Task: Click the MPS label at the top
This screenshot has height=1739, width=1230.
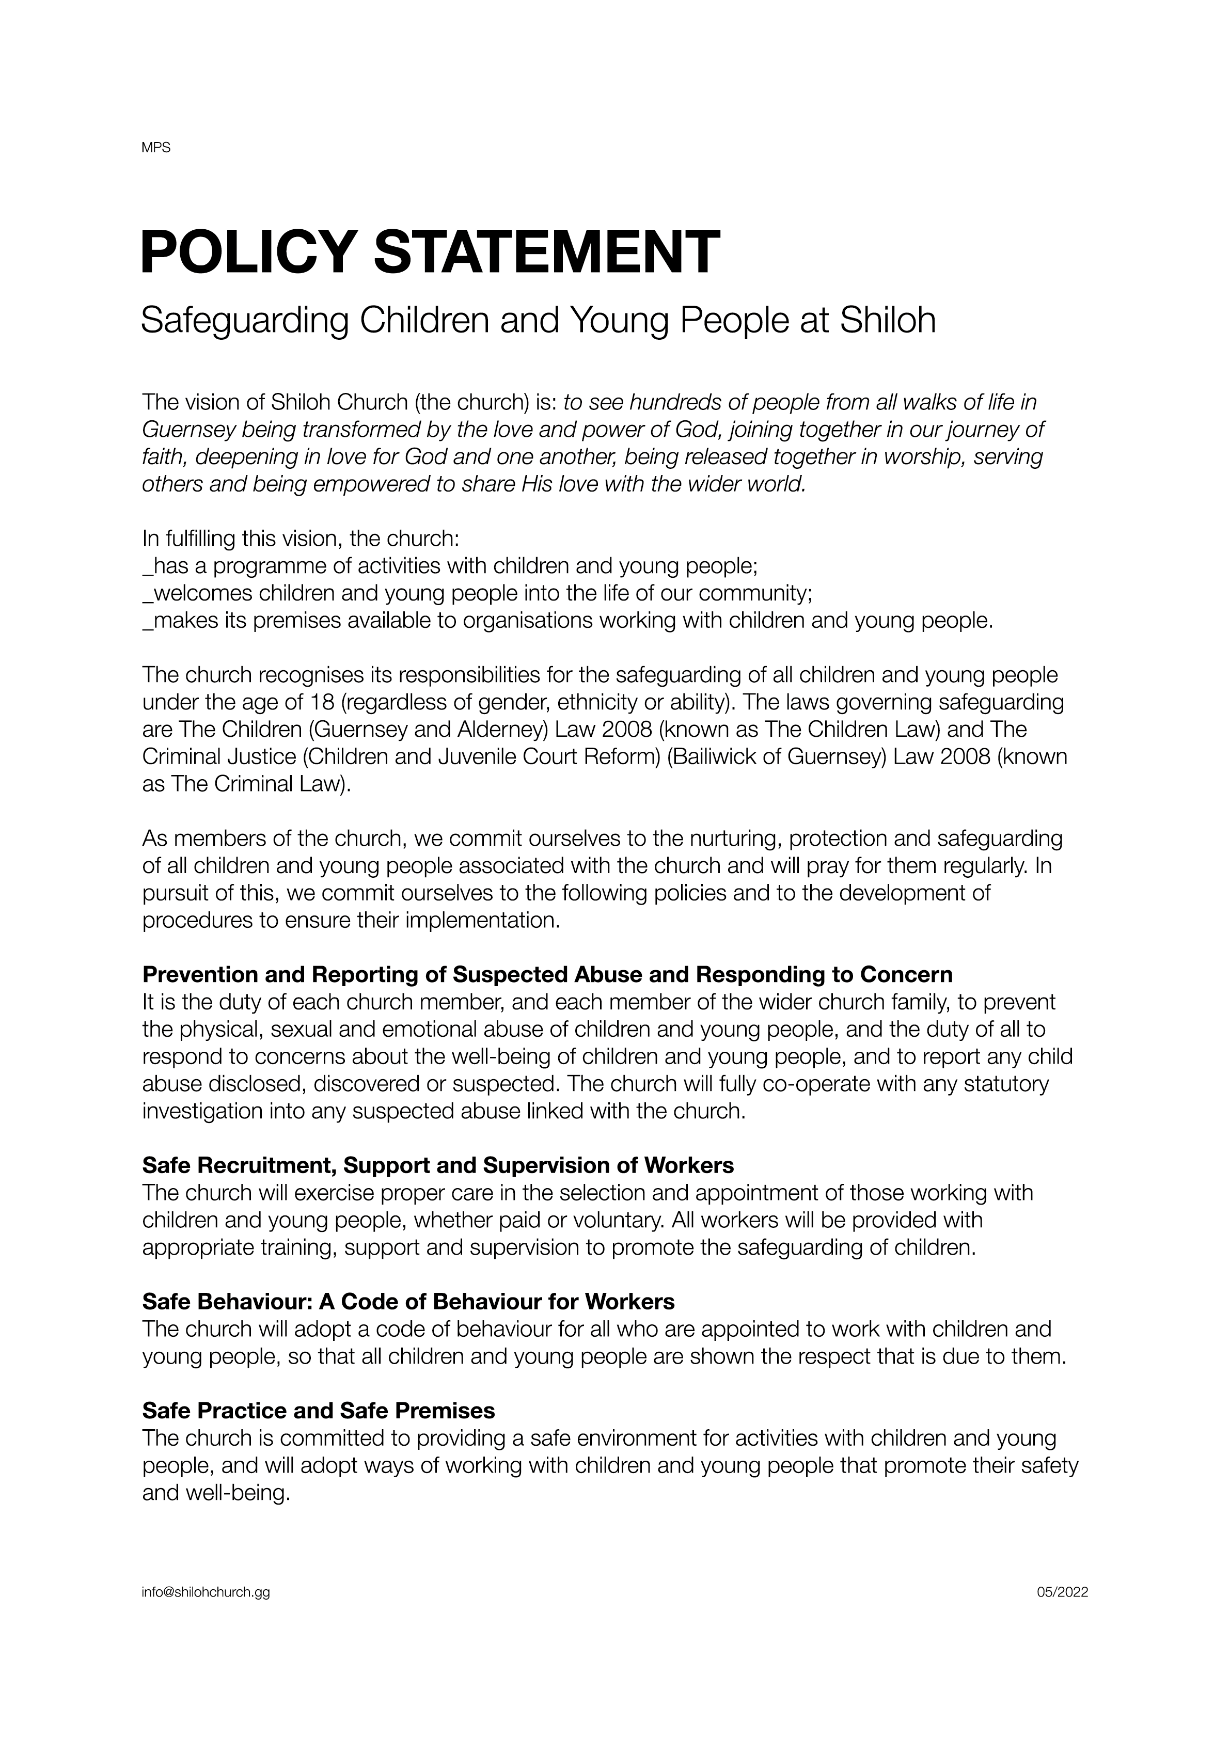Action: [x=156, y=148]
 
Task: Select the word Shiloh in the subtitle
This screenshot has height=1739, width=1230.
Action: [x=888, y=320]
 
